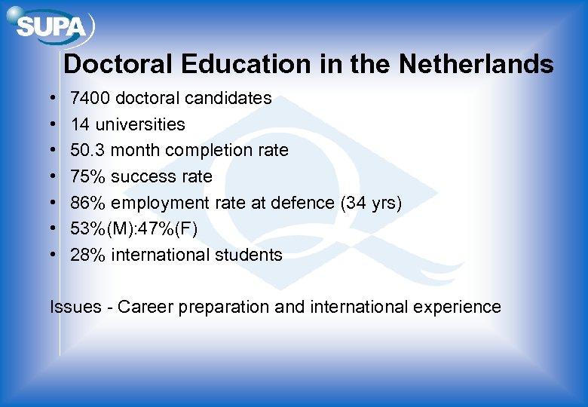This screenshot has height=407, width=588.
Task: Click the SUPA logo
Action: [x=51, y=28]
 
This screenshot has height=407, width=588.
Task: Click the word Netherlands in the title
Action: [x=476, y=64]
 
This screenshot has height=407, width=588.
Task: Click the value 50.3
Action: [x=86, y=150]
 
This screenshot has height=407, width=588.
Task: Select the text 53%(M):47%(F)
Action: [x=134, y=229]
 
